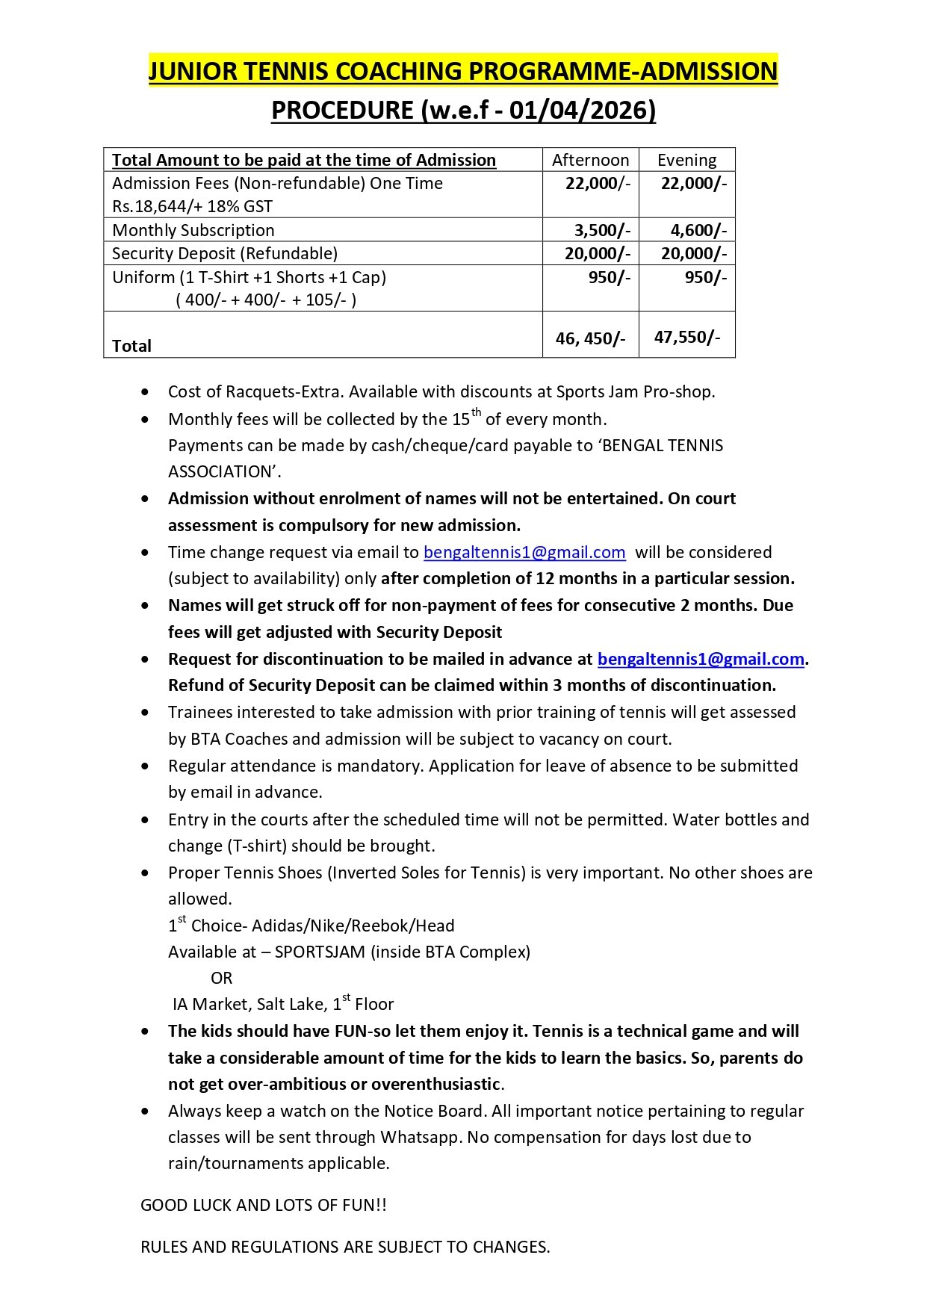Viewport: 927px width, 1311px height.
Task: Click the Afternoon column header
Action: click(590, 160)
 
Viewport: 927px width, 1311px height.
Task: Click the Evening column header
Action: click(686, 160)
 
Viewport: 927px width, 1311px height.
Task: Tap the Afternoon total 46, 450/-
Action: click(590, 338)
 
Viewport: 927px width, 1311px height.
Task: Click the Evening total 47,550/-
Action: click(687, 337)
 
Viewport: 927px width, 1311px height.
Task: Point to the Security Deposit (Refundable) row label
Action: click(225, 253)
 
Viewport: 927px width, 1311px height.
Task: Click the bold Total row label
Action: click(131, 346)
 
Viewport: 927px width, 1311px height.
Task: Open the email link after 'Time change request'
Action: click(524, 552)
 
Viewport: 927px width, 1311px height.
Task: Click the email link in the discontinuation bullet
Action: click(701, 659)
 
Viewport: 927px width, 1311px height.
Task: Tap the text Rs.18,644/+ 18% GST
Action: click(192, 206)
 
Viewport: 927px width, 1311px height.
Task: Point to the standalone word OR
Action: click(221, 978)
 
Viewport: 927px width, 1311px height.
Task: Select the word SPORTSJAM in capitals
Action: click(320, 952)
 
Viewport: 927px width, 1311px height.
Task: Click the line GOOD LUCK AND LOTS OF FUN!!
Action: click(264, 1205)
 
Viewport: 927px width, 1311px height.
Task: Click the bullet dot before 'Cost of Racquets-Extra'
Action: click(145, 392)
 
